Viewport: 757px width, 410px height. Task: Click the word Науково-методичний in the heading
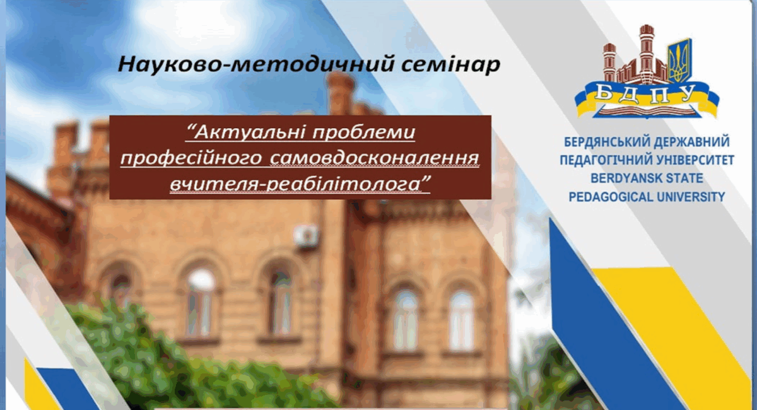click(255, 64)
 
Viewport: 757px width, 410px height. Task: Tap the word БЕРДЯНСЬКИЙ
click(607, 143)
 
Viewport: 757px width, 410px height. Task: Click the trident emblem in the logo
click(679, 61)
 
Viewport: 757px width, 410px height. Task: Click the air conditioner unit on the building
click(306, 235)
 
